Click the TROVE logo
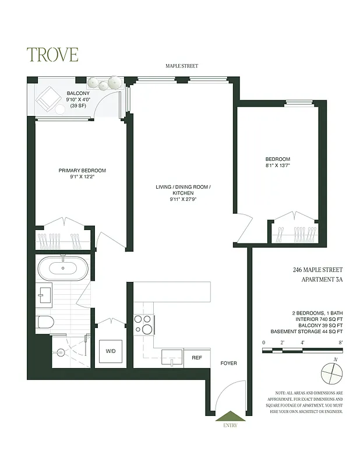click(52, 54)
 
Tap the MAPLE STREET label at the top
click(181, 66)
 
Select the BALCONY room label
click(77, 93)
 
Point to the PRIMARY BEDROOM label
click(82, 170)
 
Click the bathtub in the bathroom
click(64, 269)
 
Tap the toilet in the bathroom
click(45, 322)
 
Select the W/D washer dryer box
click(109, 351)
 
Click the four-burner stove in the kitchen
click(143, 324)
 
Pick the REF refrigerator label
click(197, 358)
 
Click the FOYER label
click(228, 363)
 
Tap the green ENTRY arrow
click(227, 416)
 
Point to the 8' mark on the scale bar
click(340, 343)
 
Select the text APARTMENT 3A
click(318, 280)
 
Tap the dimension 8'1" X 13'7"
click(277, 165)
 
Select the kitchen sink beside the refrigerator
click(172, 356)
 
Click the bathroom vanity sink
click(44, 293)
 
